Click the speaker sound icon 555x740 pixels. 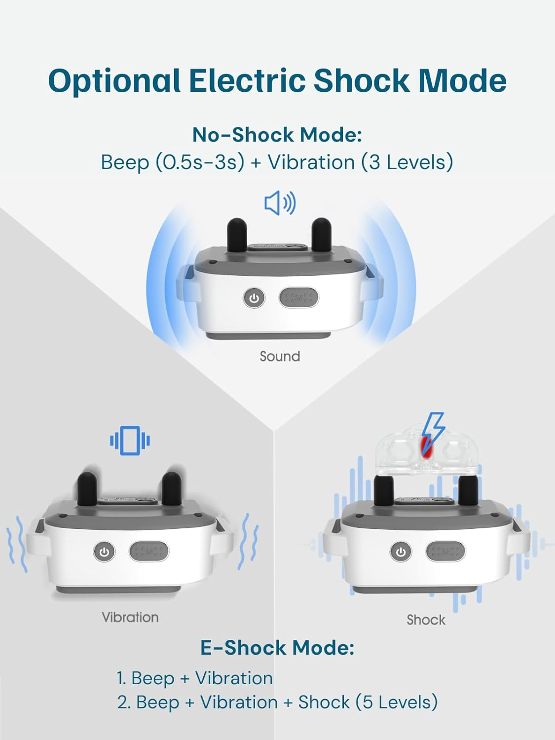[280, 203]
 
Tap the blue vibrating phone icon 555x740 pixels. [130, 441]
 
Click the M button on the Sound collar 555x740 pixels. [299, 297]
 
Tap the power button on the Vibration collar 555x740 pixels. [104, 552]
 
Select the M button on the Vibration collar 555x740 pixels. [149, 552]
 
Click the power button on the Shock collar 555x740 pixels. [401, 552]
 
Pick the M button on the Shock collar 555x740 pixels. [445, 552]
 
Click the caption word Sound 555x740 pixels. [280, 356]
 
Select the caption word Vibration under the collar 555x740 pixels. [130, 617]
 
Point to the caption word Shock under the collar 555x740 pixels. [426, 620]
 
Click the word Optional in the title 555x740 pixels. [114, 80]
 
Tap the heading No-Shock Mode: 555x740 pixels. [277, 135]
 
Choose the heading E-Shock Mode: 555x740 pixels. [277, 648]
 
